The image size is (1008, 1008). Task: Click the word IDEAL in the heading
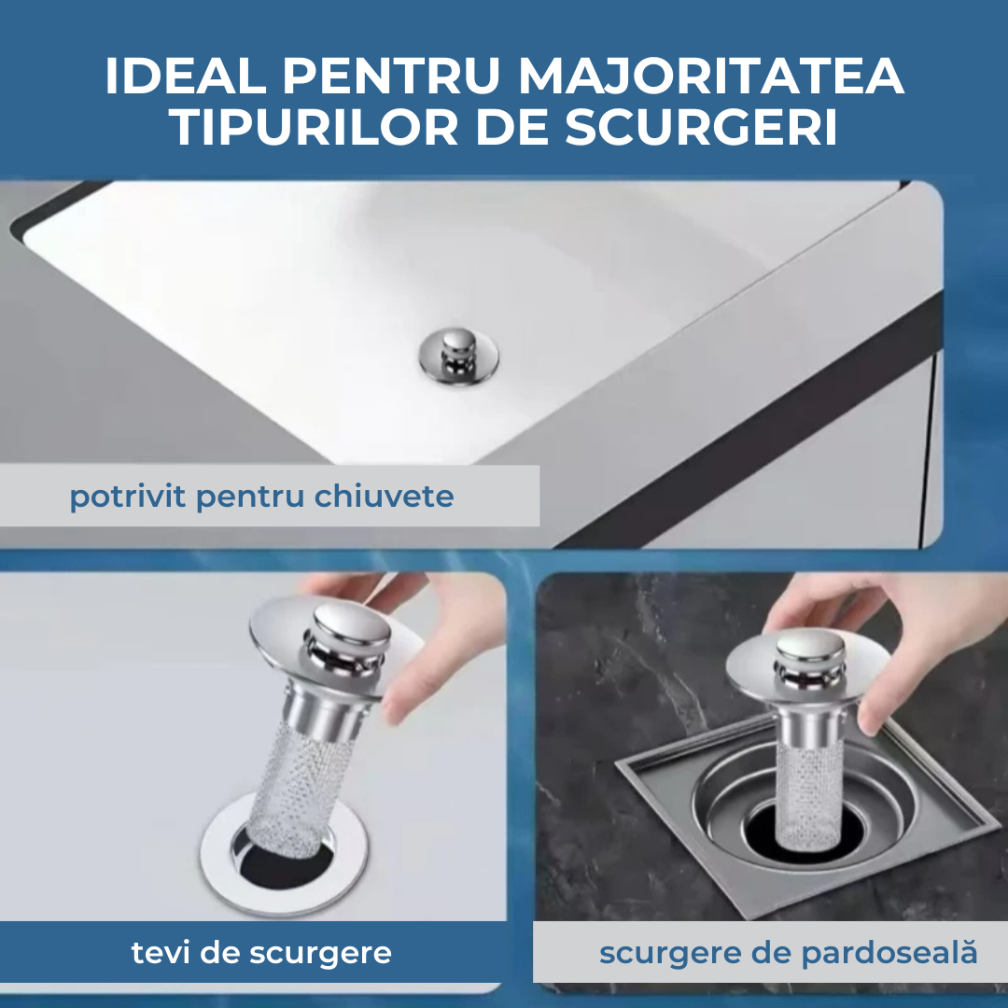click(x=185, y=77)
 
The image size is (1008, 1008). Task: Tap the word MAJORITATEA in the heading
click(x=711, y=77)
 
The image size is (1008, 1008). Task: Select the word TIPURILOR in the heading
click(x=316, y=127)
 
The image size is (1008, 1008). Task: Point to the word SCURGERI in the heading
click(x=701, y=127)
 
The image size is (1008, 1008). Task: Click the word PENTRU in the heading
click(x=391, y=77)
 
